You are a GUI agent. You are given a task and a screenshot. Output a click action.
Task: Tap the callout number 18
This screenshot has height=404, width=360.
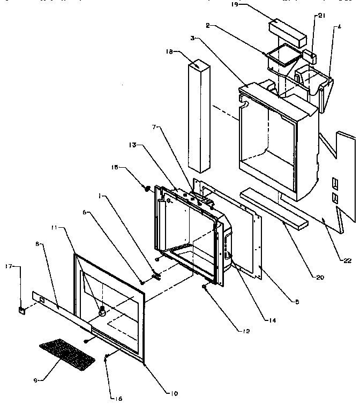point(169,53)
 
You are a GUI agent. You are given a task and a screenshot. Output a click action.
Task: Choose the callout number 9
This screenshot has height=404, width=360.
point(35,380)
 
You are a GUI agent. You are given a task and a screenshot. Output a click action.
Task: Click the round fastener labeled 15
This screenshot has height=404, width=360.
point(145,188)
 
